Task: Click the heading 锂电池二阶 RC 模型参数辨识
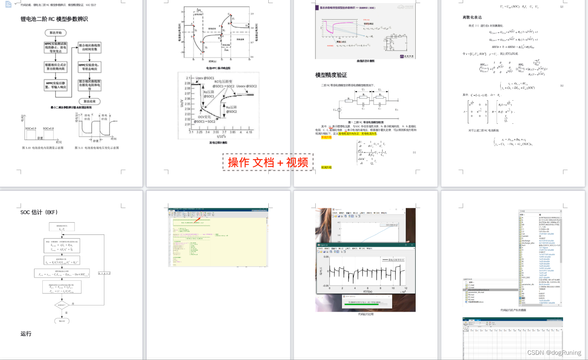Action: (x=54, y=19)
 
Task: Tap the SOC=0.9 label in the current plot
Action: (x=31, y=128)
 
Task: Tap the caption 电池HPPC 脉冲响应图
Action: (x=218, y=68)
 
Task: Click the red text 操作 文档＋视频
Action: (x=268, y=162)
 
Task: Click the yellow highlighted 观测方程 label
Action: (x=326, y=167)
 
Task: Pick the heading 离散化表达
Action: (x=472, y=17)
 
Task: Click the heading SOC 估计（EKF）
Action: (x=39, y=212)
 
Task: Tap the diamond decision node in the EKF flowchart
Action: (x=62, y=305)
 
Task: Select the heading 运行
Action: (x=26, y=334)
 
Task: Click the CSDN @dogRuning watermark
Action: (x=554, y=353)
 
